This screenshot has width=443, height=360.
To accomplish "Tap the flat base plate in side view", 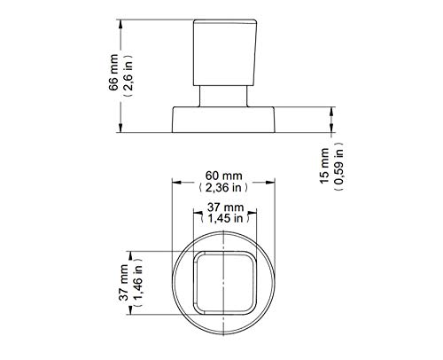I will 226,120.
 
